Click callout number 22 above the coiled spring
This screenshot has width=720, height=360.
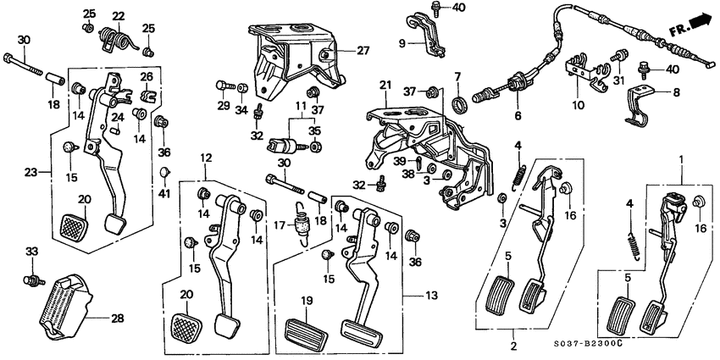coord(119,16)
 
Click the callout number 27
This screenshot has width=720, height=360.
coord(363,50)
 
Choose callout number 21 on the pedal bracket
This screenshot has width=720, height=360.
coord(385,85)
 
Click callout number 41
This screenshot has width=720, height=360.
coord(164,194)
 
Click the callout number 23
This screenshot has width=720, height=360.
coord(31,173)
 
